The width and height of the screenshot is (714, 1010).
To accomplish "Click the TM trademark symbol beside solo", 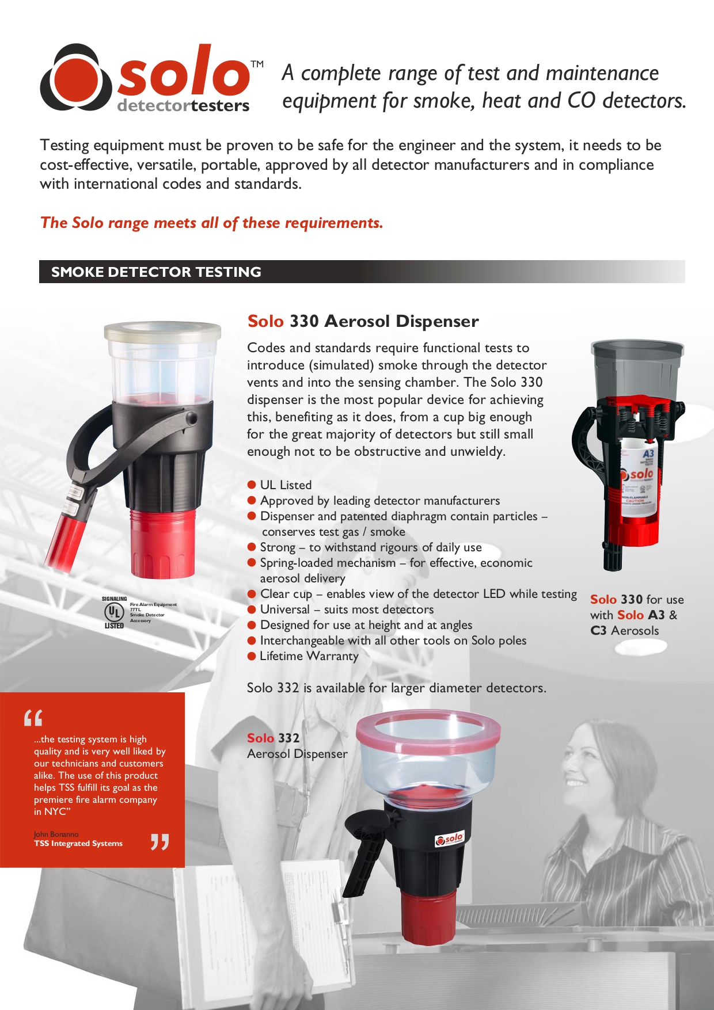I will tap(257, 64).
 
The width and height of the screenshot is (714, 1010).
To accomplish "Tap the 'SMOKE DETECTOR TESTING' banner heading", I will tap(156, 272).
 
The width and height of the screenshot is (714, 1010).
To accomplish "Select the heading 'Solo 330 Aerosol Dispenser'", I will tap(363, 321).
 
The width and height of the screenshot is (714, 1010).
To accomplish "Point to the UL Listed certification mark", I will tap(115, 612).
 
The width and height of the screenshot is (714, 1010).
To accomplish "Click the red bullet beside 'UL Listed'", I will tap(252, 485).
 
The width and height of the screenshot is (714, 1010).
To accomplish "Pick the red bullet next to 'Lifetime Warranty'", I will tap(252, 656).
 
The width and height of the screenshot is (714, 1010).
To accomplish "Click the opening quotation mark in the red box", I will tap(33, 718).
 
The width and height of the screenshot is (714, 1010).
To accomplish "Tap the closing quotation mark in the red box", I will tap(159, 842).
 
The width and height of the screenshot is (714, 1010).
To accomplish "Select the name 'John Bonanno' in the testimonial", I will tap(56, 834).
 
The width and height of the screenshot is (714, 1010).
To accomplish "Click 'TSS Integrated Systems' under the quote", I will tap(78, 844).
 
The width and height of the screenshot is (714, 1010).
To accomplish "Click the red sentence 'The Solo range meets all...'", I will tap(211, 223).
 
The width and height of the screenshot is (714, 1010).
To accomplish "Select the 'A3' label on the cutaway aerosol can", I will tap(648, 454).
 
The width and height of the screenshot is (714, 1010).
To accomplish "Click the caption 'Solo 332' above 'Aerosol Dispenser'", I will tap(273, 738).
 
